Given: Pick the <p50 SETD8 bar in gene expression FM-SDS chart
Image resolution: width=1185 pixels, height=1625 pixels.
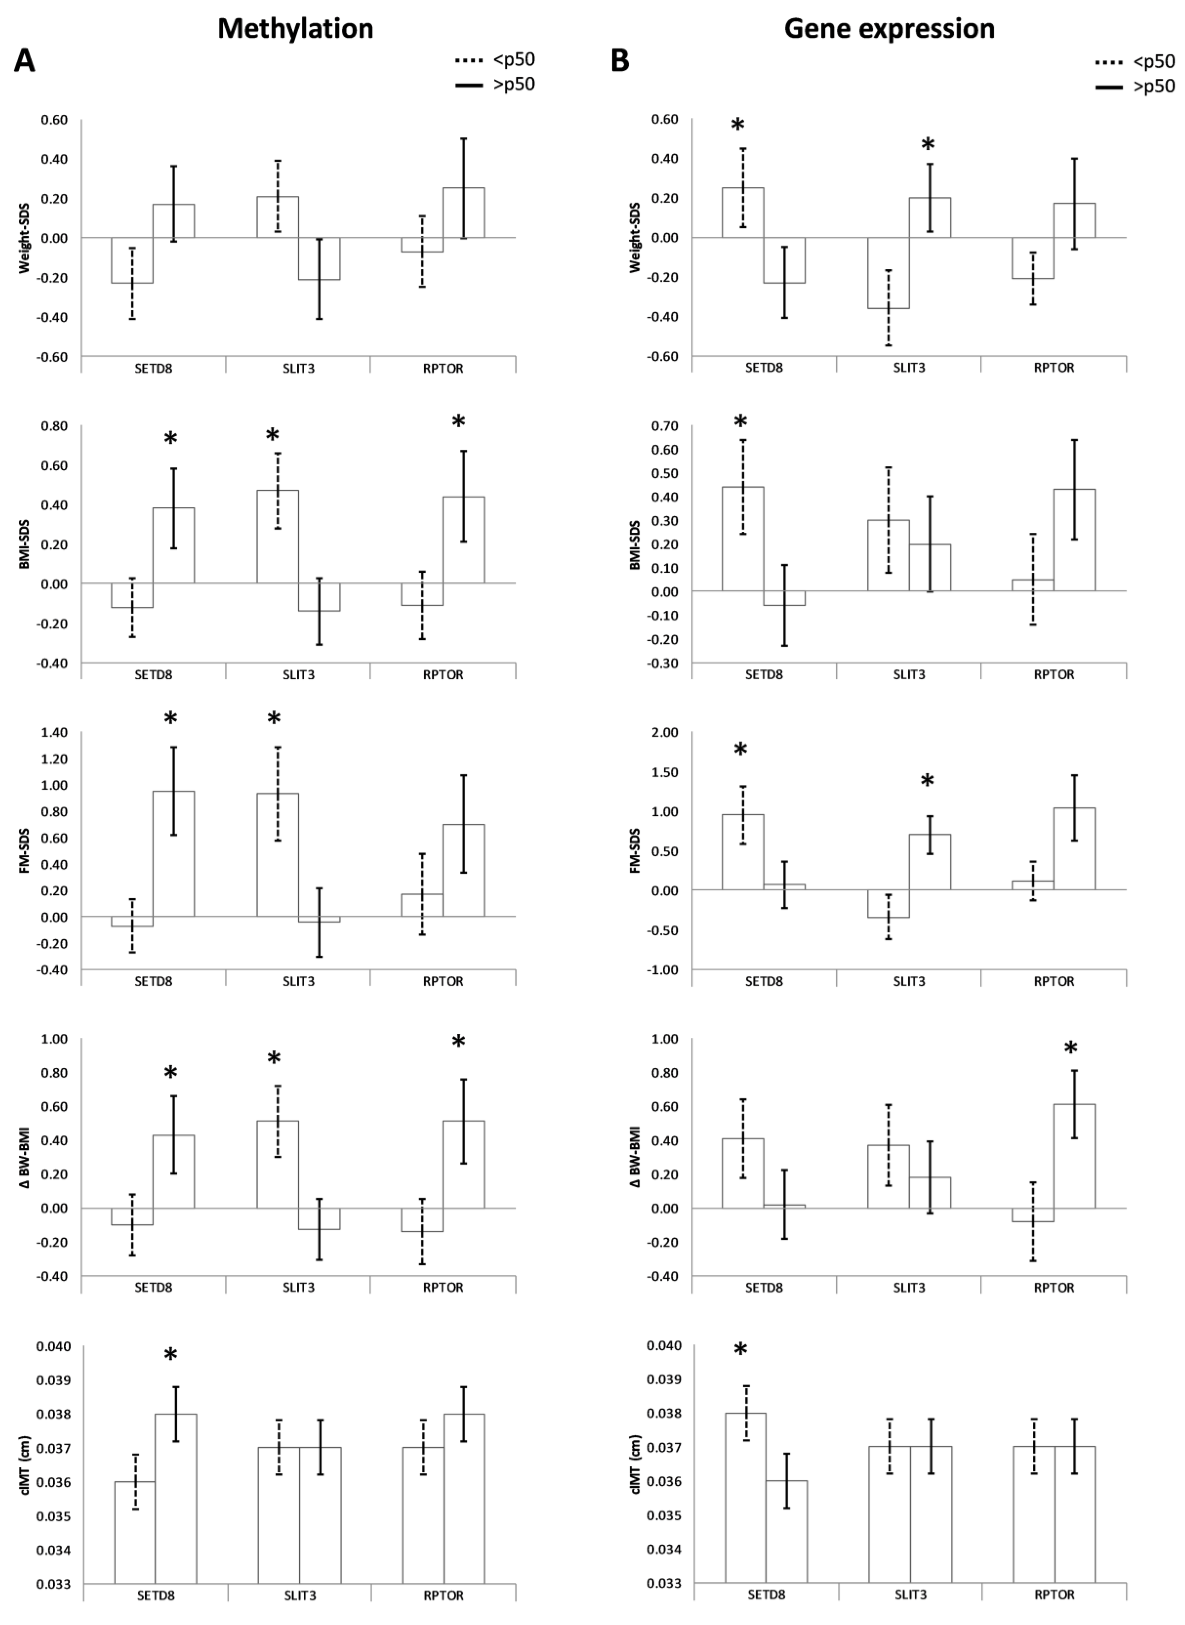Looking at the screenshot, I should (742, 852).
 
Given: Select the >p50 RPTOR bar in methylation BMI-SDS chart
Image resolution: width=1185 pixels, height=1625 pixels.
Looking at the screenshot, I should (463, 540).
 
